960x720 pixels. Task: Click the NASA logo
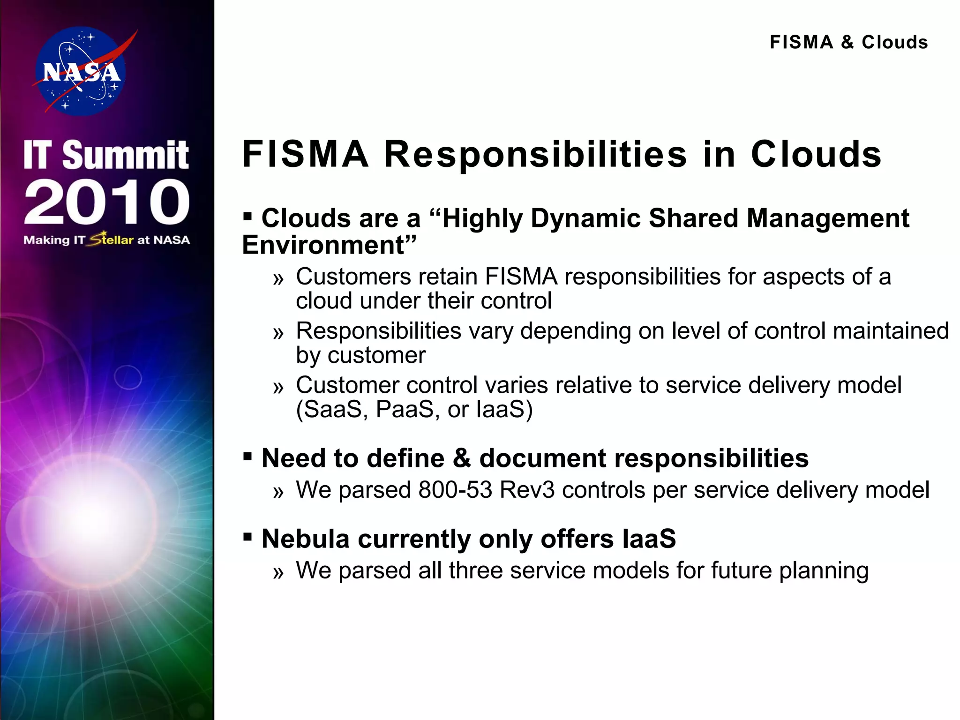pos(81,71)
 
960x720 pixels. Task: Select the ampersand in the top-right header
pos(847,43)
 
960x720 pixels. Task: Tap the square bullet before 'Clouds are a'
pos(247,217)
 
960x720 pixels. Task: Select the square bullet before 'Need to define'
pos(247,456)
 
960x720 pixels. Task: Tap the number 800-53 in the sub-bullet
pos(455,490)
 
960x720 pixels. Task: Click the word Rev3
pos(527,490)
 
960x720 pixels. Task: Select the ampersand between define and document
pos(462,458)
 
